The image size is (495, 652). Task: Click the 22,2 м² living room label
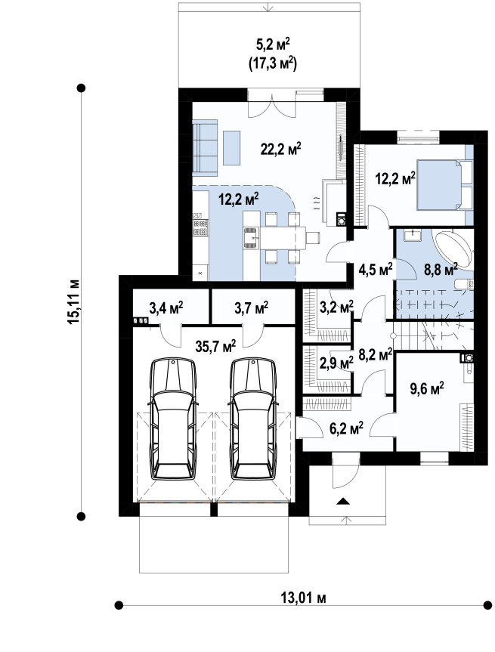[281, 148]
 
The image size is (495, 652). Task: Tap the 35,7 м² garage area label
[215, 345]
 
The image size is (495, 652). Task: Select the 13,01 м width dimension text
[303, 598]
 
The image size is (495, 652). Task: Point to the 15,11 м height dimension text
[73, 302]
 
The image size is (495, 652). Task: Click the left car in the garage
[173, 419]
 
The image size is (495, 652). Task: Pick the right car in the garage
[253, 419]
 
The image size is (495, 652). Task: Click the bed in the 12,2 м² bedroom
[444, 185]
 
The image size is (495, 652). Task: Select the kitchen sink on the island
[251, 238]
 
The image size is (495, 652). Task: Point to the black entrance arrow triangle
[343, 501]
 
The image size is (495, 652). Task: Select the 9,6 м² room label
[427, 388]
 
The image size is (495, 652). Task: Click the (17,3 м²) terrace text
[273, 63]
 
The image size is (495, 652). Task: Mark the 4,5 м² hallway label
[376, 270]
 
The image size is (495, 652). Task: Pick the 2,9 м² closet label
[336, 363]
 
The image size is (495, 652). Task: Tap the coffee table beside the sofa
[232, 147]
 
